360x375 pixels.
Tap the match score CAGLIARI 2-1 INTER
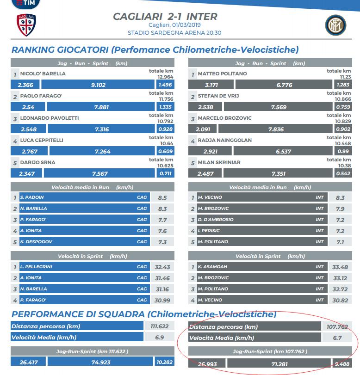(x=165, y=17)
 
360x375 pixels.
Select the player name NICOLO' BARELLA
(x=43, y=74)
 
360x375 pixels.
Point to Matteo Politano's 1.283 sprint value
(x=342, y=85)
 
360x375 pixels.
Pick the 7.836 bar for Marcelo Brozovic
(x=276, y=129)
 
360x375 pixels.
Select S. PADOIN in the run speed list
(x=32, y=197)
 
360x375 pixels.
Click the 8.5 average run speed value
(x=162, y=197)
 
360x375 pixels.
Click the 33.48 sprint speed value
(x=340, y=267)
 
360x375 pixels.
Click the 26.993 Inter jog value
(x=207, y=364)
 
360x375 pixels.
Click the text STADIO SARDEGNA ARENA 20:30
(x=174, y=33)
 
